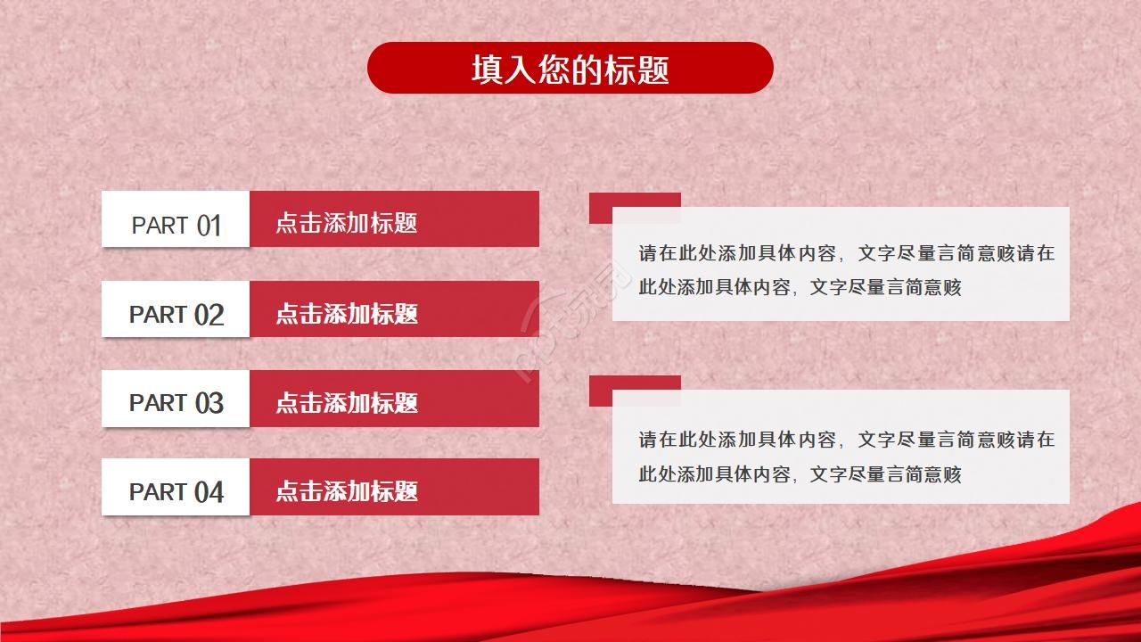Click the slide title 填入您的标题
coord(570,69)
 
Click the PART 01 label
coord(176,225)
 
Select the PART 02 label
coord(176,314)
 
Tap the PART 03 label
coord(176,403)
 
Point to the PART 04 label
coord(176,491)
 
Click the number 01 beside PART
coord(209,226)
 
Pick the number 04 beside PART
coord(209,492)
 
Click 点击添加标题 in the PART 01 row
coord(347,223)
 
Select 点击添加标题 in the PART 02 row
coord(347,313)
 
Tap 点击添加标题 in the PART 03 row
coord(347,402)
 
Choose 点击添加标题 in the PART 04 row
coord(347,490)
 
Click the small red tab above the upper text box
coord(635,200)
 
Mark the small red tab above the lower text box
coord(635,383)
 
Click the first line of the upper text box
coord(846,253)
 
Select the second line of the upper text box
coord(800,287)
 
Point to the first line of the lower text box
coord(846,440)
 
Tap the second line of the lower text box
coord(800,474)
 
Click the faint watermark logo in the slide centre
coord(570,332)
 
